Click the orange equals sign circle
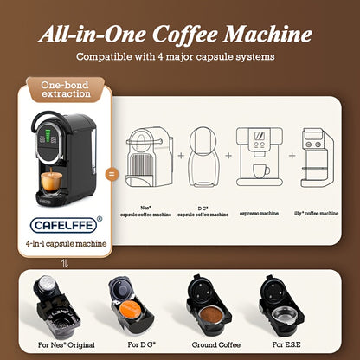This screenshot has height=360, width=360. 110,173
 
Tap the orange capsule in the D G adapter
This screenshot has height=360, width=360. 132,312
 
